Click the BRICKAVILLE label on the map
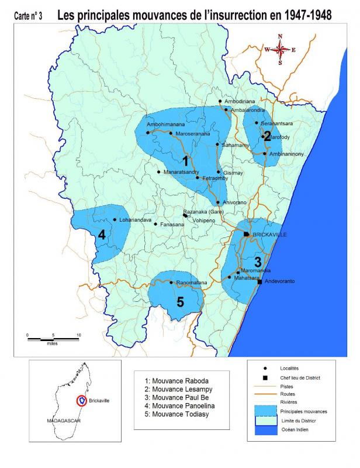269,235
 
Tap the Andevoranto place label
279,282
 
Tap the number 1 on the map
185,160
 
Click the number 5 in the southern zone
180,302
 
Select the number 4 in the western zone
102,235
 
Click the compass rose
280,50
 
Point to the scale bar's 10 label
78,336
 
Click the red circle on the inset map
83,401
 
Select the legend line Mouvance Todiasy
174,414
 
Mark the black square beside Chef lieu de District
265,378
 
